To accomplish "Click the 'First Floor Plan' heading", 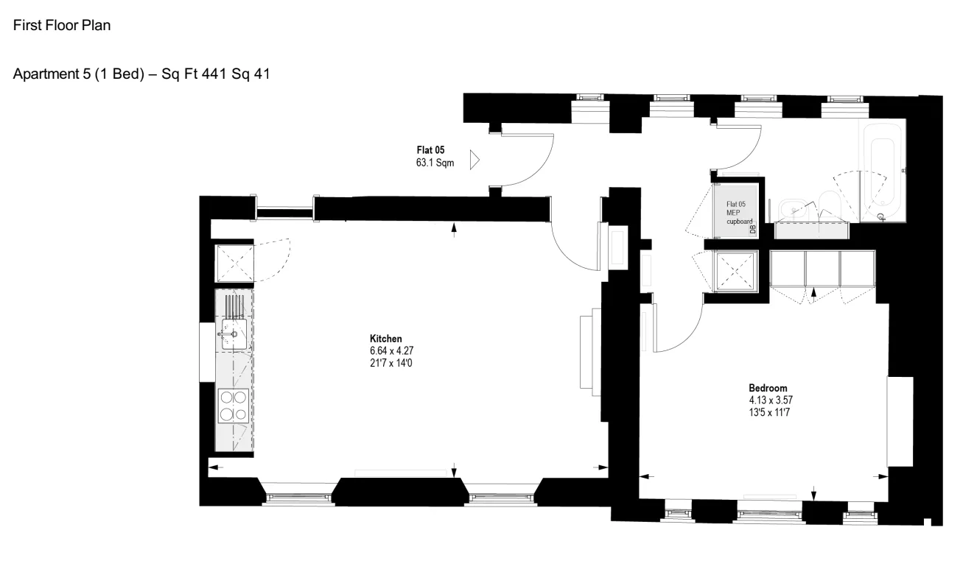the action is pyautogui.click(x=62, y=25).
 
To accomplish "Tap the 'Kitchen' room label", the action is pyautogui.click(x=385, y=339).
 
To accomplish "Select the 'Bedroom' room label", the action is pyautogui.click(x=768, y=388).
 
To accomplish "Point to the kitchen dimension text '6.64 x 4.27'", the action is pyautogui.click(x=391, y=351).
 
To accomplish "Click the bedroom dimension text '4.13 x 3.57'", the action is pyautogui.click(x=771, y=400).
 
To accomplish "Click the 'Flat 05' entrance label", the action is pyautogui.click(x=430, y=150).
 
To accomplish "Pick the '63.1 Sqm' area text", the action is pyautogui.click(x=435, y=163).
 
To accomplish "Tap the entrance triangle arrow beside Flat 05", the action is pyautogui.click(x=475, y=160).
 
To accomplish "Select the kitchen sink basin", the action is pyautogui.click(x=234, y=334).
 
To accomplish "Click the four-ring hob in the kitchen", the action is pyautogui.click(x=234, y=406).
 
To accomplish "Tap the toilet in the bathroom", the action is pyautogui.click(x=830, y=205).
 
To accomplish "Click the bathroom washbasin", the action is pyautogui.click(x=794, y=211).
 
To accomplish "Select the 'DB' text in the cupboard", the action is pyautogui.click(x=752, y=230).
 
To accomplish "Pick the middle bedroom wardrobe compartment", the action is pyautogui.click(x=822, y=269).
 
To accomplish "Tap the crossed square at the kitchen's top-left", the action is pyautogui.click(x=234, y=264).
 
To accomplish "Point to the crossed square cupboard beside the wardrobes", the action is pyautogui.click(x=735, y=271).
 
